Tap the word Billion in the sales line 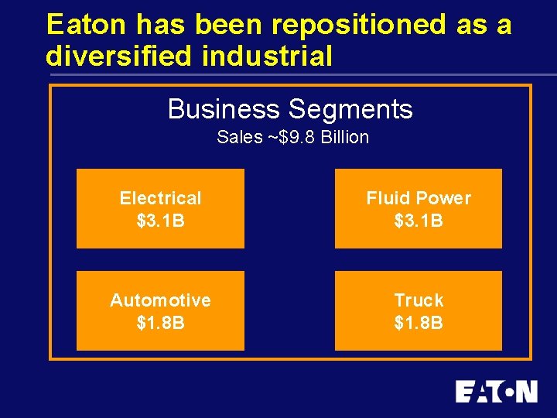[x=343, y=138]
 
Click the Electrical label [x=160, y=198]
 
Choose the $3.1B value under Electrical [x=160, y=221]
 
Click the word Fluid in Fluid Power [x=388, y=198]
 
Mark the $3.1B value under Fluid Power [x=419, y=221]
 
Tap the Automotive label [x=160, y=300]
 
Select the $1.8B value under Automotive [x=160, y=323]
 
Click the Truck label [x=419, y=300]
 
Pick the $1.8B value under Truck [x=419, y=323]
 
